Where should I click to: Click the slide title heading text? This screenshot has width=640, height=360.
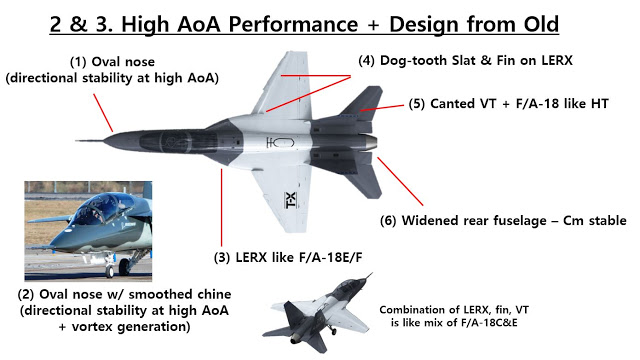[x=304, y=24]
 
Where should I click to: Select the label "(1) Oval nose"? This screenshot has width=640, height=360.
[x=112, y=62]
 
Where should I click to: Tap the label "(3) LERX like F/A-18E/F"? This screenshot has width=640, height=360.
[x=288, y=258]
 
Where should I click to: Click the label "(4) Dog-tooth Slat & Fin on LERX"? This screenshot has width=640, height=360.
[x=465, y=60]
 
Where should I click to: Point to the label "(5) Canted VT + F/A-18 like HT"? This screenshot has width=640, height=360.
[x=509, y=104]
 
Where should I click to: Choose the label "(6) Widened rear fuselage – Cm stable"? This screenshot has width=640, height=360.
[x=503, y=220]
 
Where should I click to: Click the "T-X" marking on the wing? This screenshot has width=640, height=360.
[x=291, y=200]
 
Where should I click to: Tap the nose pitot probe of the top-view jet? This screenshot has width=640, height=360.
[x=90, y=141]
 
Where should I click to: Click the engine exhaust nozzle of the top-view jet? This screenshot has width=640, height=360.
[x=370, y=142]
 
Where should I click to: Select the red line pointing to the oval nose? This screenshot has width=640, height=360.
[x=103, y=113]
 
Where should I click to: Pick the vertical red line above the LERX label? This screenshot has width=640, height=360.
[x=222, y=207]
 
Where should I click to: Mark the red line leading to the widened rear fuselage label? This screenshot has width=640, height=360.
[x=400, y=181]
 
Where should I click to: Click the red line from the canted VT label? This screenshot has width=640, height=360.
[x=382, y=108]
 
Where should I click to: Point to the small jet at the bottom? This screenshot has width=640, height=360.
[x=318, y=313]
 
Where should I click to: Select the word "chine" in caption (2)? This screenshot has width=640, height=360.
[x=211, y=294]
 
